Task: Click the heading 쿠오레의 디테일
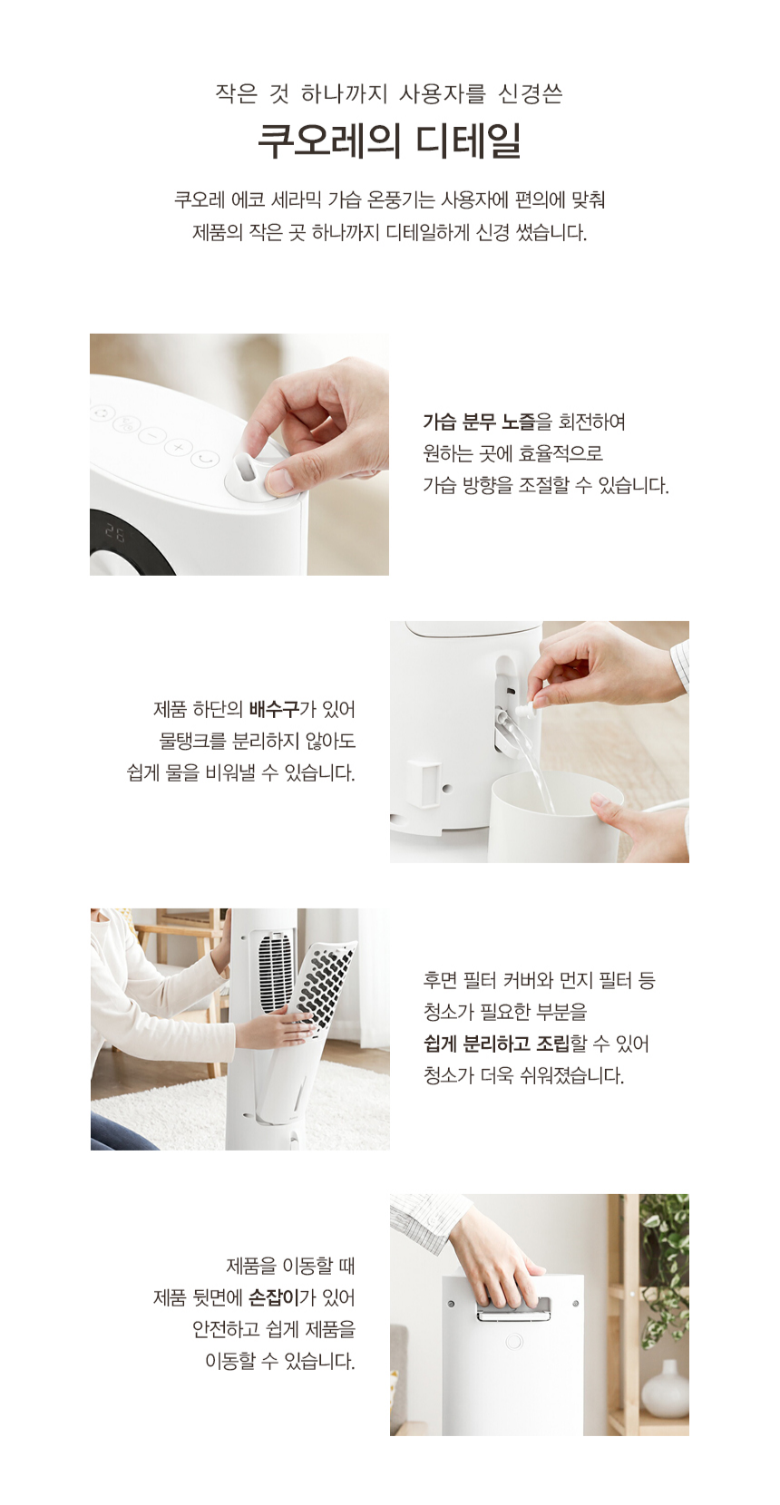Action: point(389,141)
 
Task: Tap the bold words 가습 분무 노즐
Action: point(479,422)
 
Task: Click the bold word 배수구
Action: point(273,709)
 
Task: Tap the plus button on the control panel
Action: point(179,447)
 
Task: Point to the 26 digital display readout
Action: point(115,533)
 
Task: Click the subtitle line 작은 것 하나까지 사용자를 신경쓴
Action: point(389,93)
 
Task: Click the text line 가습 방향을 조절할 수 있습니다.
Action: point(545,485)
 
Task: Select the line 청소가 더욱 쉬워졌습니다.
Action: point(523,1076)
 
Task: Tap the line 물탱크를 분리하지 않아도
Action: point(257,741)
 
